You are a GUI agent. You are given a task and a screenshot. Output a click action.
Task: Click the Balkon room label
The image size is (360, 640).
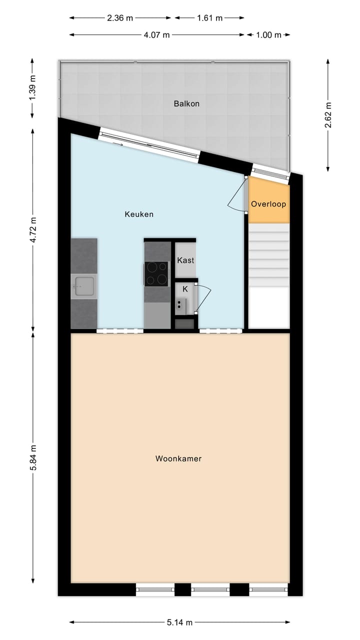186,104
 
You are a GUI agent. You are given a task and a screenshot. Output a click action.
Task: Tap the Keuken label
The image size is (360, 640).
139,214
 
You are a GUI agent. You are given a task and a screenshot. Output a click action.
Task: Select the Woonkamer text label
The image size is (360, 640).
178,458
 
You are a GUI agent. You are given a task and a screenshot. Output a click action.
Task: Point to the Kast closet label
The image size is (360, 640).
185,260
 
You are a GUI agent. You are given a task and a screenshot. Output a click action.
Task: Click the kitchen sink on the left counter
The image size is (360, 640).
83,287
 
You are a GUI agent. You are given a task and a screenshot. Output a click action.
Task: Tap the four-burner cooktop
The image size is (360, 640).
156,273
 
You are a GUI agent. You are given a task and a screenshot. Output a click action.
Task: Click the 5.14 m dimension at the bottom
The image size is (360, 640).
179,622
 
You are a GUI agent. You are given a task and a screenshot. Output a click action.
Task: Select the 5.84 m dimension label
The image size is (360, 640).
33,457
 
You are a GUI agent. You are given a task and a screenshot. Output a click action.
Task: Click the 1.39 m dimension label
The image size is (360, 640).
33,89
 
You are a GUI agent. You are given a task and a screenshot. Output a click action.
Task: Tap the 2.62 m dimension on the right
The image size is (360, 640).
328,115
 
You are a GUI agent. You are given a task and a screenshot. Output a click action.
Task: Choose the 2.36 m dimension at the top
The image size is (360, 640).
120,18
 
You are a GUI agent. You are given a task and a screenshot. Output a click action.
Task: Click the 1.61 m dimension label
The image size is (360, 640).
209,18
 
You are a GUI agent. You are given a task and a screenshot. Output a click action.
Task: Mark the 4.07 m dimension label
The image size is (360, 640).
156,35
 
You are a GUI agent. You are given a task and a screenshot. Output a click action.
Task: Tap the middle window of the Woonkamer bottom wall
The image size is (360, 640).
210,589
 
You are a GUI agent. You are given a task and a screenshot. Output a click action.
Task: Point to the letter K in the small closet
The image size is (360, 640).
185,289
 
